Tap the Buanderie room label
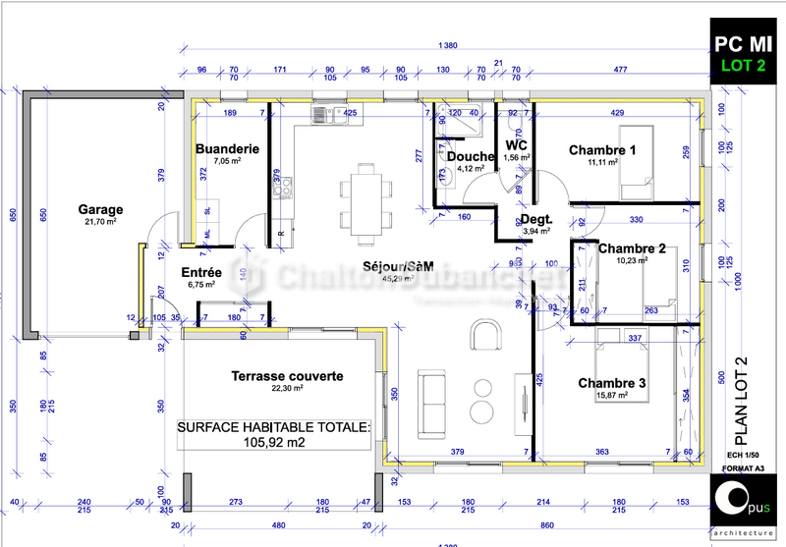(x=226, y=149)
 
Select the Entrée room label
(x=201, y=272)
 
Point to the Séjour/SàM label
(x=397, y=266)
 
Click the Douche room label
(x=471, y=157)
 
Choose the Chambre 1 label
(x=602, y=150)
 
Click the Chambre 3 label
(x=611, y=383)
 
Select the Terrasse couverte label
(x=287, y=376)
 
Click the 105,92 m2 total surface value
(x=273, y=442)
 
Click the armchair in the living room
(x=484, y=334)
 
